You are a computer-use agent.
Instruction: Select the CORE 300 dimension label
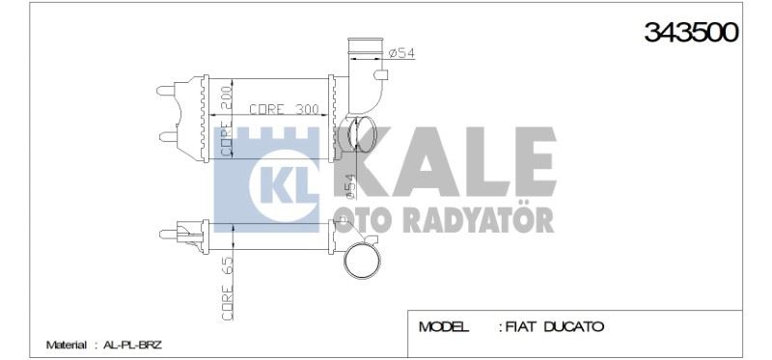[284, 110]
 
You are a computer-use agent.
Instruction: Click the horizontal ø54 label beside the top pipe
[401, 54]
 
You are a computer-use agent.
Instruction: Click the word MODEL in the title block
[444, 327]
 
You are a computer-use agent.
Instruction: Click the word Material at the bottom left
[66, 345]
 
